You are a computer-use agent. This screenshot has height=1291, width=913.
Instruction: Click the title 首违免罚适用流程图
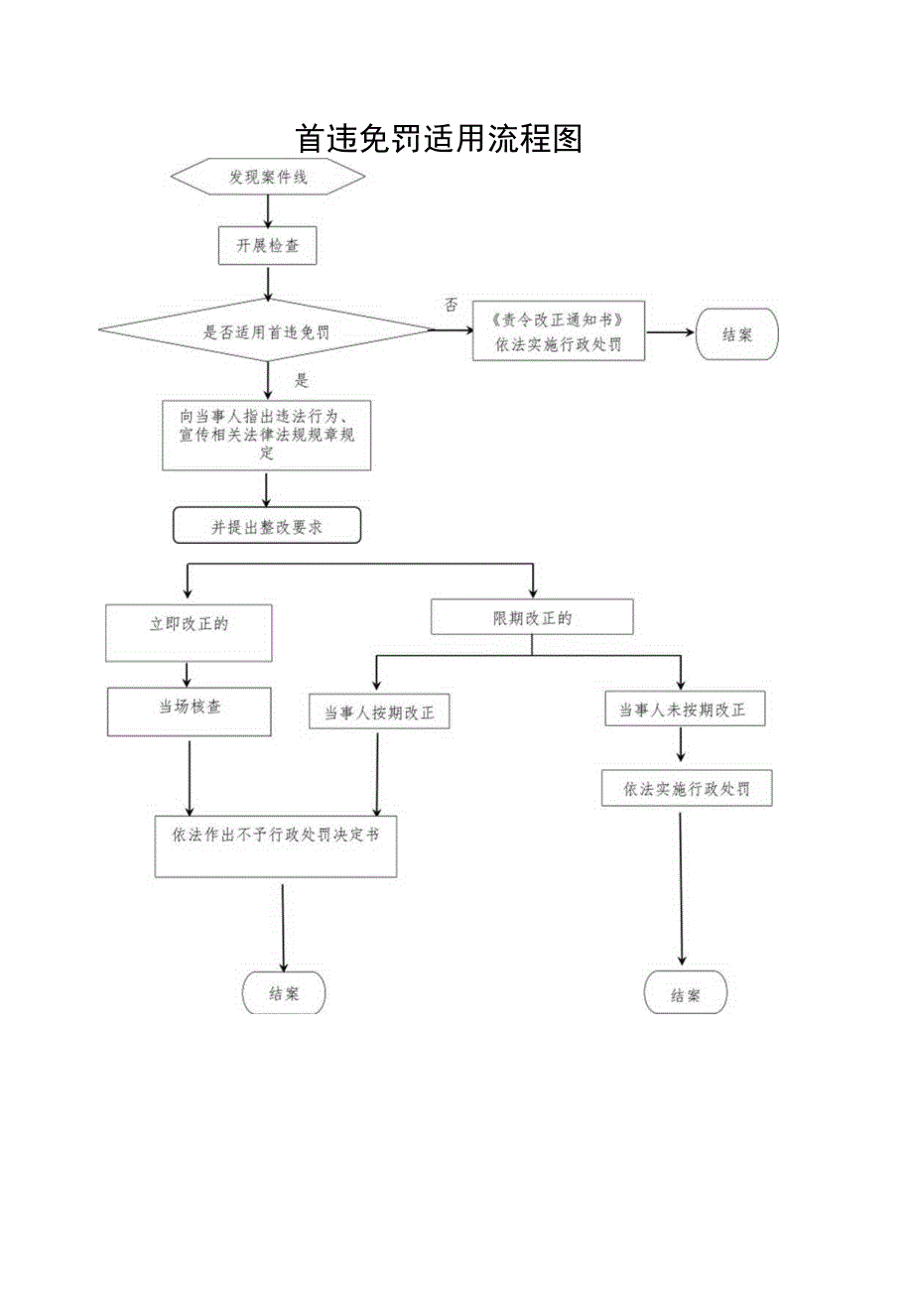(438, 138)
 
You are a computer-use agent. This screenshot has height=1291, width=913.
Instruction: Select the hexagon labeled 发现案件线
(268, 178)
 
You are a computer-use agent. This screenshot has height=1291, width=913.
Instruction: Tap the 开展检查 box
(267, 246)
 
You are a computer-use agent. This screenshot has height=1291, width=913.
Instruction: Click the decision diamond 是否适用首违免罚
(267, 333)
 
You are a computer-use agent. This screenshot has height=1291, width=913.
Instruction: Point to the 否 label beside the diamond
(452, 306)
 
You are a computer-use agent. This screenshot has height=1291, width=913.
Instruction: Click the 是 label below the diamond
(303, 380)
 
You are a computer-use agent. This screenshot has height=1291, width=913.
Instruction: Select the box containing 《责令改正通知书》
(559, 332)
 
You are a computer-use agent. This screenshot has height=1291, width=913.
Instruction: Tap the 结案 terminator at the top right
(737, 334)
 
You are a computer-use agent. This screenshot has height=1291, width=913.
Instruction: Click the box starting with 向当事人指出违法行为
(266, 435)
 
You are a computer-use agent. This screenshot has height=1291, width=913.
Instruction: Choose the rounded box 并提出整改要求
(267, 527)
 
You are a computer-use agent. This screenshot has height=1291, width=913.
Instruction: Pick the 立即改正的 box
(189, 632)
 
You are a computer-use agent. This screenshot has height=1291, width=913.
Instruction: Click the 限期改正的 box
(532, 617)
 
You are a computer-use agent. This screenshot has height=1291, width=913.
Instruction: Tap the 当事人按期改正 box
(379, 711)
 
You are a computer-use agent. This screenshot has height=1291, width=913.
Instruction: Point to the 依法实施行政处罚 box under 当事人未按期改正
(687, 789)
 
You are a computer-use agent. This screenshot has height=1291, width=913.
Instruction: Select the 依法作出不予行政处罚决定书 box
(276, 845)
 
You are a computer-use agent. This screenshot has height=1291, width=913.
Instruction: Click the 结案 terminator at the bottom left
(284, 992)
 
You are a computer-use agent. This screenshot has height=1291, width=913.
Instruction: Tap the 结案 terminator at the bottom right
(685, 994)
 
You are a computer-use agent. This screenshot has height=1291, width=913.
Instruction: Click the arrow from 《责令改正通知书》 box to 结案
(670, 333)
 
